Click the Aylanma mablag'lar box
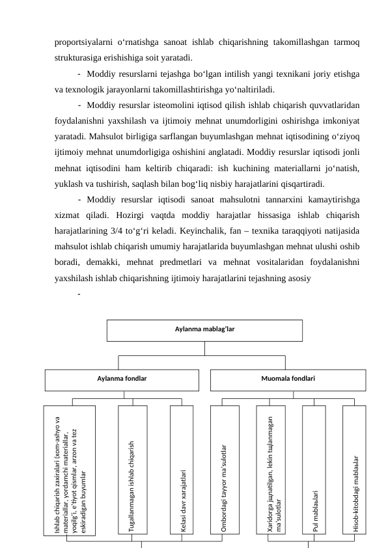coord(204,330)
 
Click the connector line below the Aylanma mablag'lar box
coord(204,348)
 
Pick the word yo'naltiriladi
coord(249,89)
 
